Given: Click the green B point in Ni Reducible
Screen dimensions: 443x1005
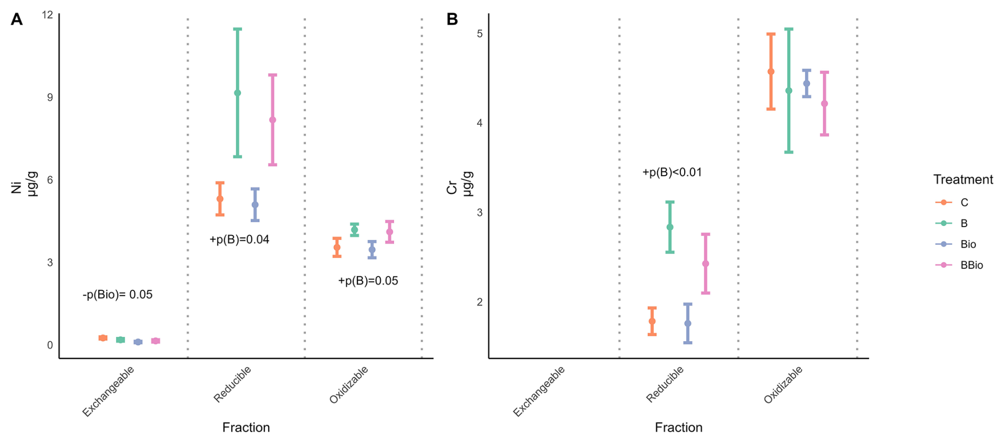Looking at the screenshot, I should (x=237, y=93).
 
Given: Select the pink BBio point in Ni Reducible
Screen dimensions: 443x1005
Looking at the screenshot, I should (x=272, y=120).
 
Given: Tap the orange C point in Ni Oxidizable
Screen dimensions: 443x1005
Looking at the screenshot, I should (x=337, y=247).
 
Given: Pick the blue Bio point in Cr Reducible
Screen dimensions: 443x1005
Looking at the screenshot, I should (x=687, y=323).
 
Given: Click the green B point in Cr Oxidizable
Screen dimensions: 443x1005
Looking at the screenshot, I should (x=789, y=91).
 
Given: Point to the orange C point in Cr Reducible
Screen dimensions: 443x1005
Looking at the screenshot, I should (x=652, y=321).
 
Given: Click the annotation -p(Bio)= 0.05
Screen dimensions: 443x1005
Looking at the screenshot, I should (x=117, y=295).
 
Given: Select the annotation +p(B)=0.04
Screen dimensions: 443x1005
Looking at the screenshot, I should (x=239, y=240).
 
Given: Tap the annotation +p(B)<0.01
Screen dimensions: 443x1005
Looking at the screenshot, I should (x=672, y=172).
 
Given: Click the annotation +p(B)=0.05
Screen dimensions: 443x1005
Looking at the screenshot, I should (x=368, y=281).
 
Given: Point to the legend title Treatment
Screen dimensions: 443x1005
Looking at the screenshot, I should (x=963, y=180).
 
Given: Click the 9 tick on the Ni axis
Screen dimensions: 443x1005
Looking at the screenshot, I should (x=50, y=97).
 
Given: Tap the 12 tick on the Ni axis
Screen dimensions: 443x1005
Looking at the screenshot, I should (x=48, y=14).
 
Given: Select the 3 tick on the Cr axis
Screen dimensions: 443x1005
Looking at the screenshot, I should (x=480, y=212).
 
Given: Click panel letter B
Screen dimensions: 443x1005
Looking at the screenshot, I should (x=452, y=20).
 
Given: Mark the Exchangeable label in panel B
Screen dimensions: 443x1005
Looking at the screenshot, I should (x=539, y=392).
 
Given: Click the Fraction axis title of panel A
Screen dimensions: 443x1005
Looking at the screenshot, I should (x=246, y=428).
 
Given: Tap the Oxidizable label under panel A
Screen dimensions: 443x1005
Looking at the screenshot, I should (x=348, y=385).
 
